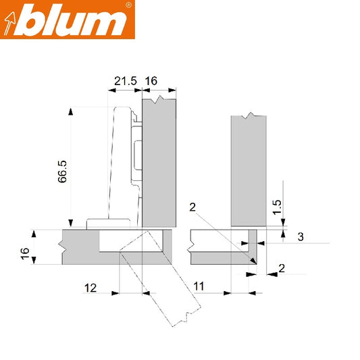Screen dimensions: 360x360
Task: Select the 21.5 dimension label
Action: [x=126, y=81]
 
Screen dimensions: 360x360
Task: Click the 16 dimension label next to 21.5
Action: [x=151, y=81]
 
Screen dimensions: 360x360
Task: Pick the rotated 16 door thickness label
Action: [x=26, y=253]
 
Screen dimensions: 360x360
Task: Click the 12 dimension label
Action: [x=90, y=288]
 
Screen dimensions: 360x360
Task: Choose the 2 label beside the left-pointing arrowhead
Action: [x=282, y=269]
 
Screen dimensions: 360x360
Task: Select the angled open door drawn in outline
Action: [x=162, y=290]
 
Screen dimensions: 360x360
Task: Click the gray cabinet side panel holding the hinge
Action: [x=159, y=162]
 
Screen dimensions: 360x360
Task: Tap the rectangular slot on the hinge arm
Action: [x=138, y=155]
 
